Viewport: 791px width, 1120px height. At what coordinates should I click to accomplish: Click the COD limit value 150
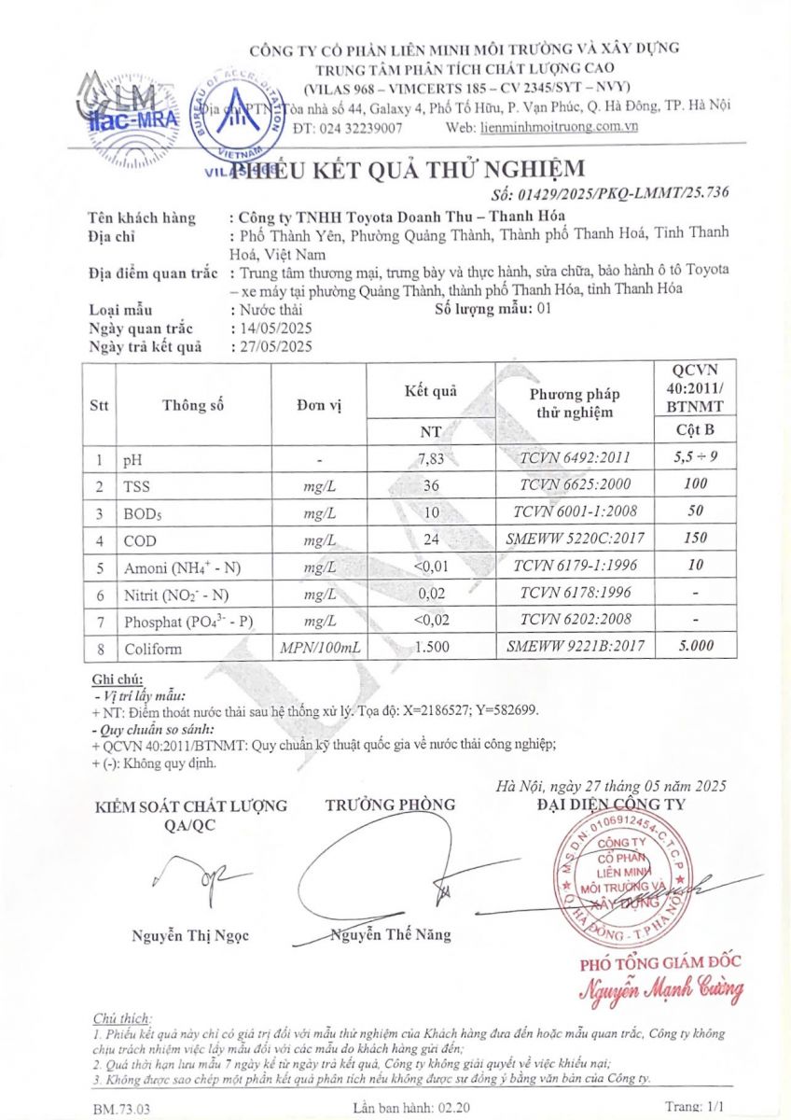pos(695,539)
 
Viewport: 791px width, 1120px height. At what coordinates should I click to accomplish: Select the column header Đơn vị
pos(320,405)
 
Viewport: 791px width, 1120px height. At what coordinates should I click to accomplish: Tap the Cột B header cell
pos(695,430)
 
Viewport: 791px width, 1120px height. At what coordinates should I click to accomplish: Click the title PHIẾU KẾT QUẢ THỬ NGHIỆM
pos(409,169)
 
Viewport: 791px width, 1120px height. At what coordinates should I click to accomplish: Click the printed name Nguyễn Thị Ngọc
pos(190,935)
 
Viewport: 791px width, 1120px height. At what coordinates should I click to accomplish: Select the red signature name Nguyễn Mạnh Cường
pos(661,989)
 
